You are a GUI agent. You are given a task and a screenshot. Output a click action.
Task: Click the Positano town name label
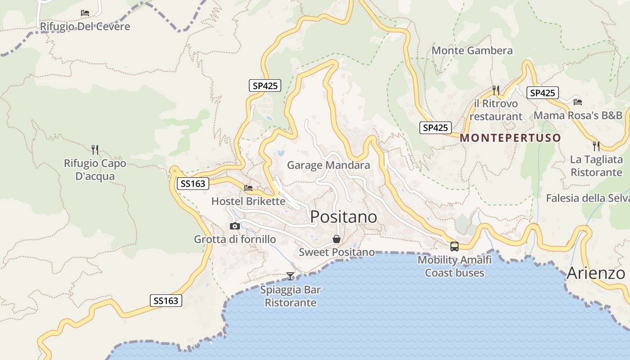(344, 217)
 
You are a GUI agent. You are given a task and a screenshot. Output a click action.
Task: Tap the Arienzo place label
(596, 273)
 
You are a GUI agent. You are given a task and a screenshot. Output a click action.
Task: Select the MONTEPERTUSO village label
(510, 138)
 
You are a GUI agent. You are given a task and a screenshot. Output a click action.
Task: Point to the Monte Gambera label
(472, 50)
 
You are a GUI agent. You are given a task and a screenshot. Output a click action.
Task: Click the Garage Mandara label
(328, 165)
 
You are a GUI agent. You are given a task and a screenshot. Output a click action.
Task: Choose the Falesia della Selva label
(587, 198)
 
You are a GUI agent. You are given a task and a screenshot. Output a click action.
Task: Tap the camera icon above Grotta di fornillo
(234, 226)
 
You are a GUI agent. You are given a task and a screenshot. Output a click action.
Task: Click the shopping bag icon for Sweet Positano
(336, 239)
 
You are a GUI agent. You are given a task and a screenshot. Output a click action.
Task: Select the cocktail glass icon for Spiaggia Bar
(290, 276)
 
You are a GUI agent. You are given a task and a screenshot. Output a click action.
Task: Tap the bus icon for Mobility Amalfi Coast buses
(454, 246)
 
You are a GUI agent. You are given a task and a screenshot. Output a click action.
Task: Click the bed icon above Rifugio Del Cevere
(85, 13)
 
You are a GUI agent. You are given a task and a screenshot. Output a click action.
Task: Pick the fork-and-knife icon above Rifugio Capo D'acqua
(94, 149)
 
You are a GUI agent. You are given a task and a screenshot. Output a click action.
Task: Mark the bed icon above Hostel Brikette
(248, 188)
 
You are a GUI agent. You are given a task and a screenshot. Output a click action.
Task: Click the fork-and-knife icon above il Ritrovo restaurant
(496, 90)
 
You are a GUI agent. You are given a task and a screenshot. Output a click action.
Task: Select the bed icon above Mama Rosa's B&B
(578, 102)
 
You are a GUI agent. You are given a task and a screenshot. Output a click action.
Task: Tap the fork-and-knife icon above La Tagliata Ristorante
(596, 146)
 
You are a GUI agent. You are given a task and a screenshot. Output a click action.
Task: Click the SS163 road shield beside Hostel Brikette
(193, 184)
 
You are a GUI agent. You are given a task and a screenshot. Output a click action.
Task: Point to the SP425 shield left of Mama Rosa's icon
(542, 93)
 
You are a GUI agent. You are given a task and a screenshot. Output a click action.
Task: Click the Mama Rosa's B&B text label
(578, 116)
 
